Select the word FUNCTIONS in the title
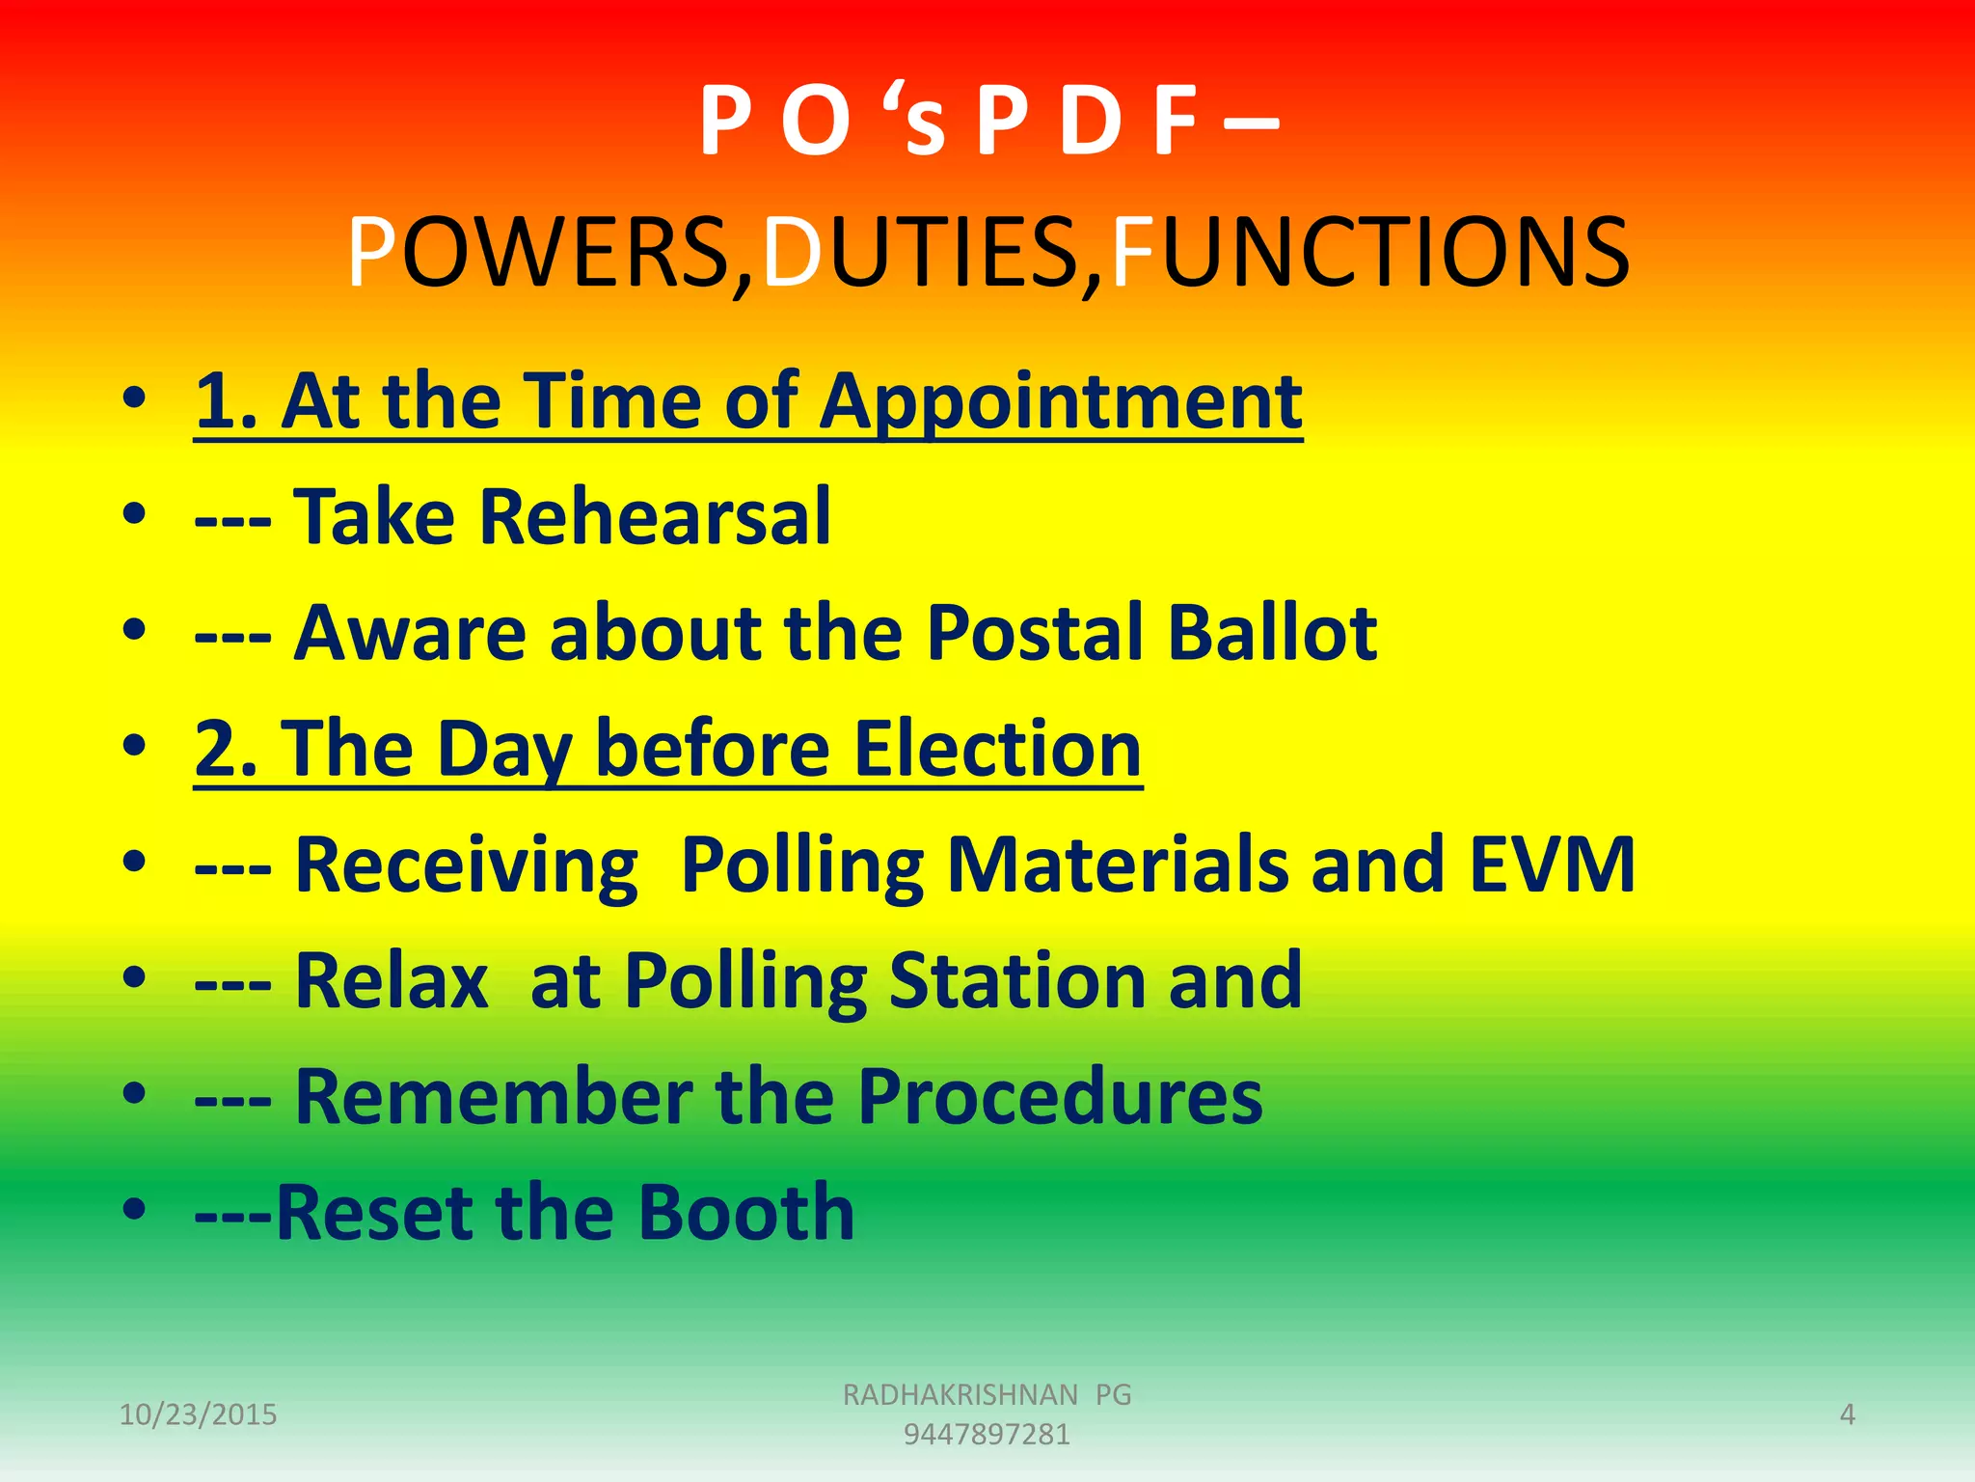pyautogui.click(x=1370, y=253)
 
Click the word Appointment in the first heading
pyautogui.click(x=1061, y=402)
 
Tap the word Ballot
pyautogui.click(x=1272, y=633)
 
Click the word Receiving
pyautogui.click(x=466, y=865)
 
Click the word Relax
pyautogui.click(x=392, y=980)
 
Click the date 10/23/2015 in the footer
pyautogui.click(x=198, y=1414)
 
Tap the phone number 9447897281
pyautogui.click(x=987, y=1435)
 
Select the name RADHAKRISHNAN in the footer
pyautogui.click(x=960, y=1394)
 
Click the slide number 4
pyautogui.click(x=1847, y=1414)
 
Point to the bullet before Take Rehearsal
pyautogui.click(x=135, y=513)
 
